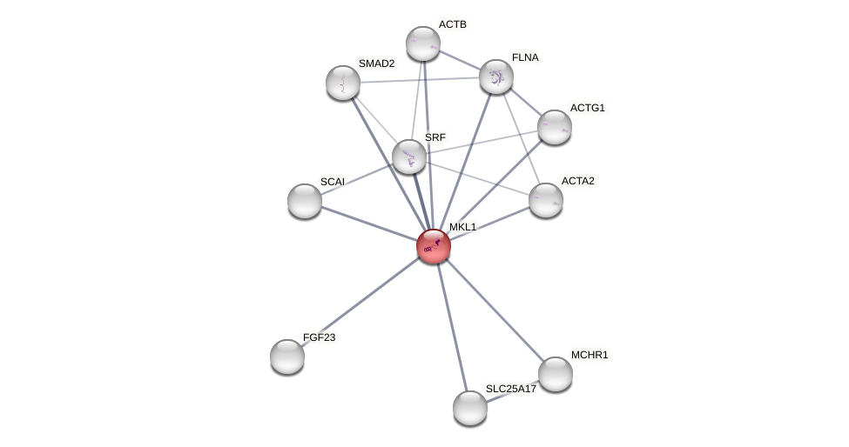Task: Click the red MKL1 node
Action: [434, 246]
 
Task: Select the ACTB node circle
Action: [423, 43]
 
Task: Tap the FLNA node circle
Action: [496, 77]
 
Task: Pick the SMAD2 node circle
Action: [343, 83]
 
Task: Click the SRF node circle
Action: [409, 157]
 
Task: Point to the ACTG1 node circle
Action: [555, 127]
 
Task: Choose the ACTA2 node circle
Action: [546, 200]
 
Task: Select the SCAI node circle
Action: [305, 201]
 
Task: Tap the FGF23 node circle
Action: [287, 357]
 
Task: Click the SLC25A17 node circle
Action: [470, 408]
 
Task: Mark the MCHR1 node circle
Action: [556, 374]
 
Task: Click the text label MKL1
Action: [462, 227]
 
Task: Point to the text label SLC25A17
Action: [511, 389]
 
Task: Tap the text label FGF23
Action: [319, 337]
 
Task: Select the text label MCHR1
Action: [590, 355]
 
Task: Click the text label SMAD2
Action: [376, 63]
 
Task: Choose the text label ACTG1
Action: [587, 108]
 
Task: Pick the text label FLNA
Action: [525, 57]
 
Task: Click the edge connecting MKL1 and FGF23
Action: [360, 301]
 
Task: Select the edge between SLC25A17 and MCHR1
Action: [513, 391]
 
